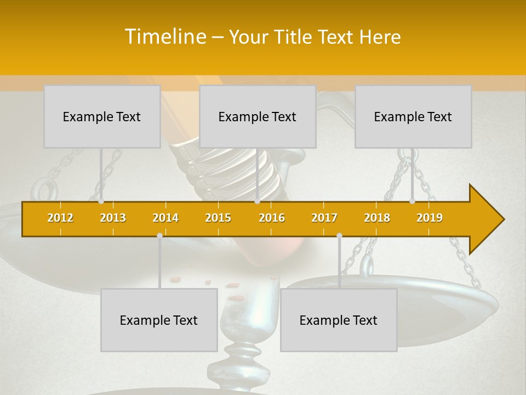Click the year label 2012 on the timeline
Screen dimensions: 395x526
tap(60, 218)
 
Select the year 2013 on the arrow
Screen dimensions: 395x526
tap(113, 218)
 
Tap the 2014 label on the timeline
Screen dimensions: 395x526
tap(165, 218)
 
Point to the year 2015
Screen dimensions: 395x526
tap(218, 218)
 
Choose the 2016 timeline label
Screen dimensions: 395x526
tap(272, 218)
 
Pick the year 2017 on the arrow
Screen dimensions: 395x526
tap(324, 218)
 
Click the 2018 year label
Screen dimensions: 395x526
tap(377, 218)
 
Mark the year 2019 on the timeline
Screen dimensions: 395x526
tap(430, 218)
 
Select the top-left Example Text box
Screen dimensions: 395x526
tap(102, 116)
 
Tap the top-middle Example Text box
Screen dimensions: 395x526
tap(258, 116)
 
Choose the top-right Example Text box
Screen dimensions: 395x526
tap(413, 116)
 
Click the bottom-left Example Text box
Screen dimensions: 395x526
tap(159, 320)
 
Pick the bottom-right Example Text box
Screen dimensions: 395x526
tap(339, 320)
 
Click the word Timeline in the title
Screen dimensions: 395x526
tap(164, 37)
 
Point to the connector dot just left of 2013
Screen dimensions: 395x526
tap(101, 201)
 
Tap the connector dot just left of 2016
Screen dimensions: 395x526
tap(258, 201)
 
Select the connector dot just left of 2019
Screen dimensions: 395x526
tap(413, 201)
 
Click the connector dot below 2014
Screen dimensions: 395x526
tap(159, 235)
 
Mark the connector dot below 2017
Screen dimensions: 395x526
tap(339, 235)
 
